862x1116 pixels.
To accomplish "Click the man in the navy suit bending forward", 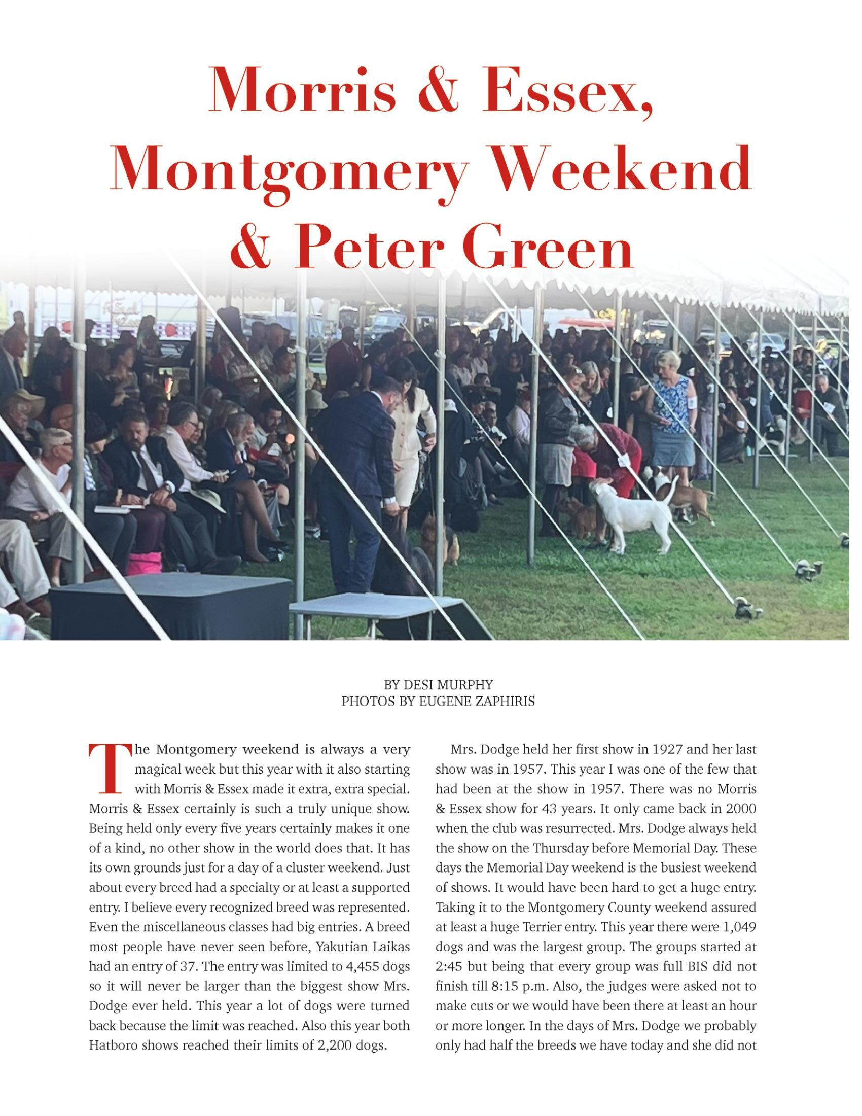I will [360, 470].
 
